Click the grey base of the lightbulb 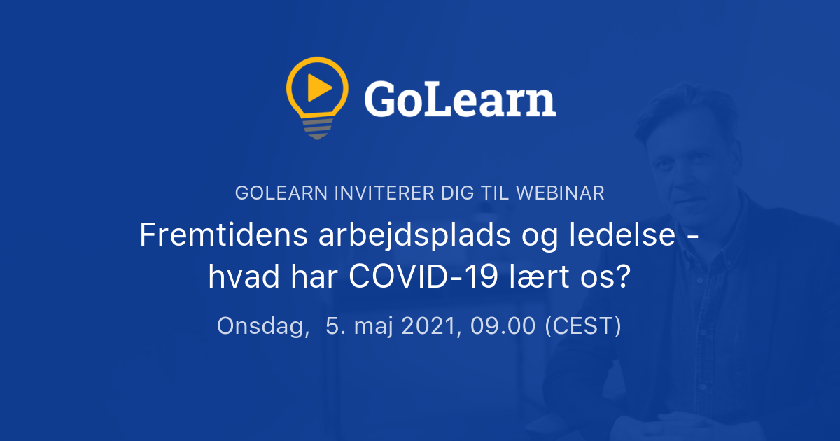317,127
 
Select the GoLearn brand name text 460,100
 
